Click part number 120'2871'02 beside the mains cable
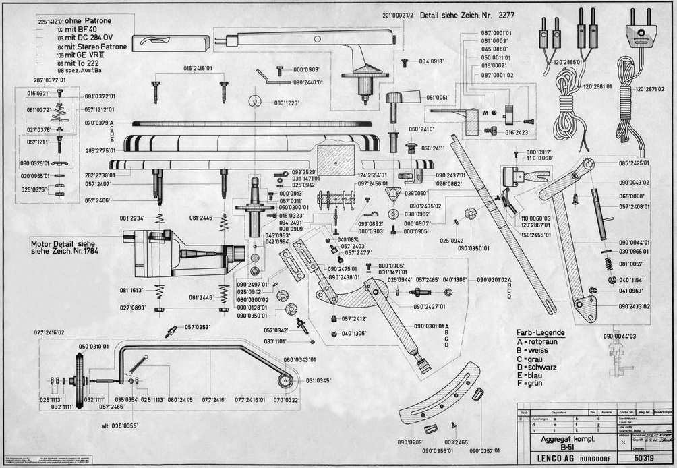coord(651,89)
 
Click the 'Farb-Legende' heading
coord(541,333)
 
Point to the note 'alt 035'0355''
coord(119,426)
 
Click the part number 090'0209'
coord(410,442)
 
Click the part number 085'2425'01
coord(634,163)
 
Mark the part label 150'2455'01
coord(536,235)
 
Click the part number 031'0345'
coord(320,381)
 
